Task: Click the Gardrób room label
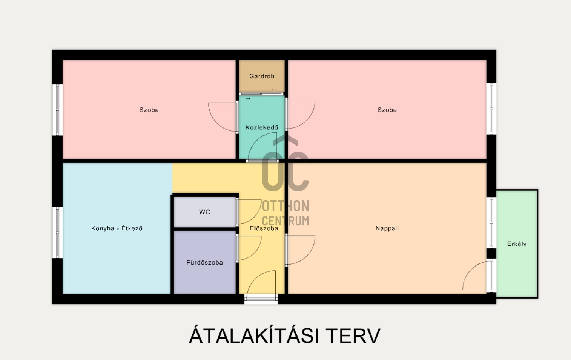pyautogui.click(x=261, y=76)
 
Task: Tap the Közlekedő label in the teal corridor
pyautogui.click(x=261, y=127)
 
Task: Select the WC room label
pyautogui.click(x=204, y=212)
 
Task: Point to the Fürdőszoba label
pyautogui.click(x=204, y=262)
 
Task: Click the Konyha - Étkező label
pyautogui.click(x=117, y=228)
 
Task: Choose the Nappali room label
pyautogui.click(x=387, y=228)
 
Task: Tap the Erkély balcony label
pyautogui.click(x=517, y=244)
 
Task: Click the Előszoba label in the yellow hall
pyautogui.click(x=264, y=228)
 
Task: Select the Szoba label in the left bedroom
pyautogui.click(x=149, y=110)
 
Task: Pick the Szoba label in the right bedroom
pyautogui.click(x=387, y=110)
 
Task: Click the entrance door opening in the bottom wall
pyautogui.click(x=261, y=299)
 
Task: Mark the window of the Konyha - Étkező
pyautogui.click(x=58, y=232)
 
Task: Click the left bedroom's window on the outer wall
pyautogui.click(x=58, y=110)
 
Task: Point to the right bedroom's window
pyautogui.click(x=491, y=109)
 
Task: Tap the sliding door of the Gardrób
pyautogui.click(x=261, y=94)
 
